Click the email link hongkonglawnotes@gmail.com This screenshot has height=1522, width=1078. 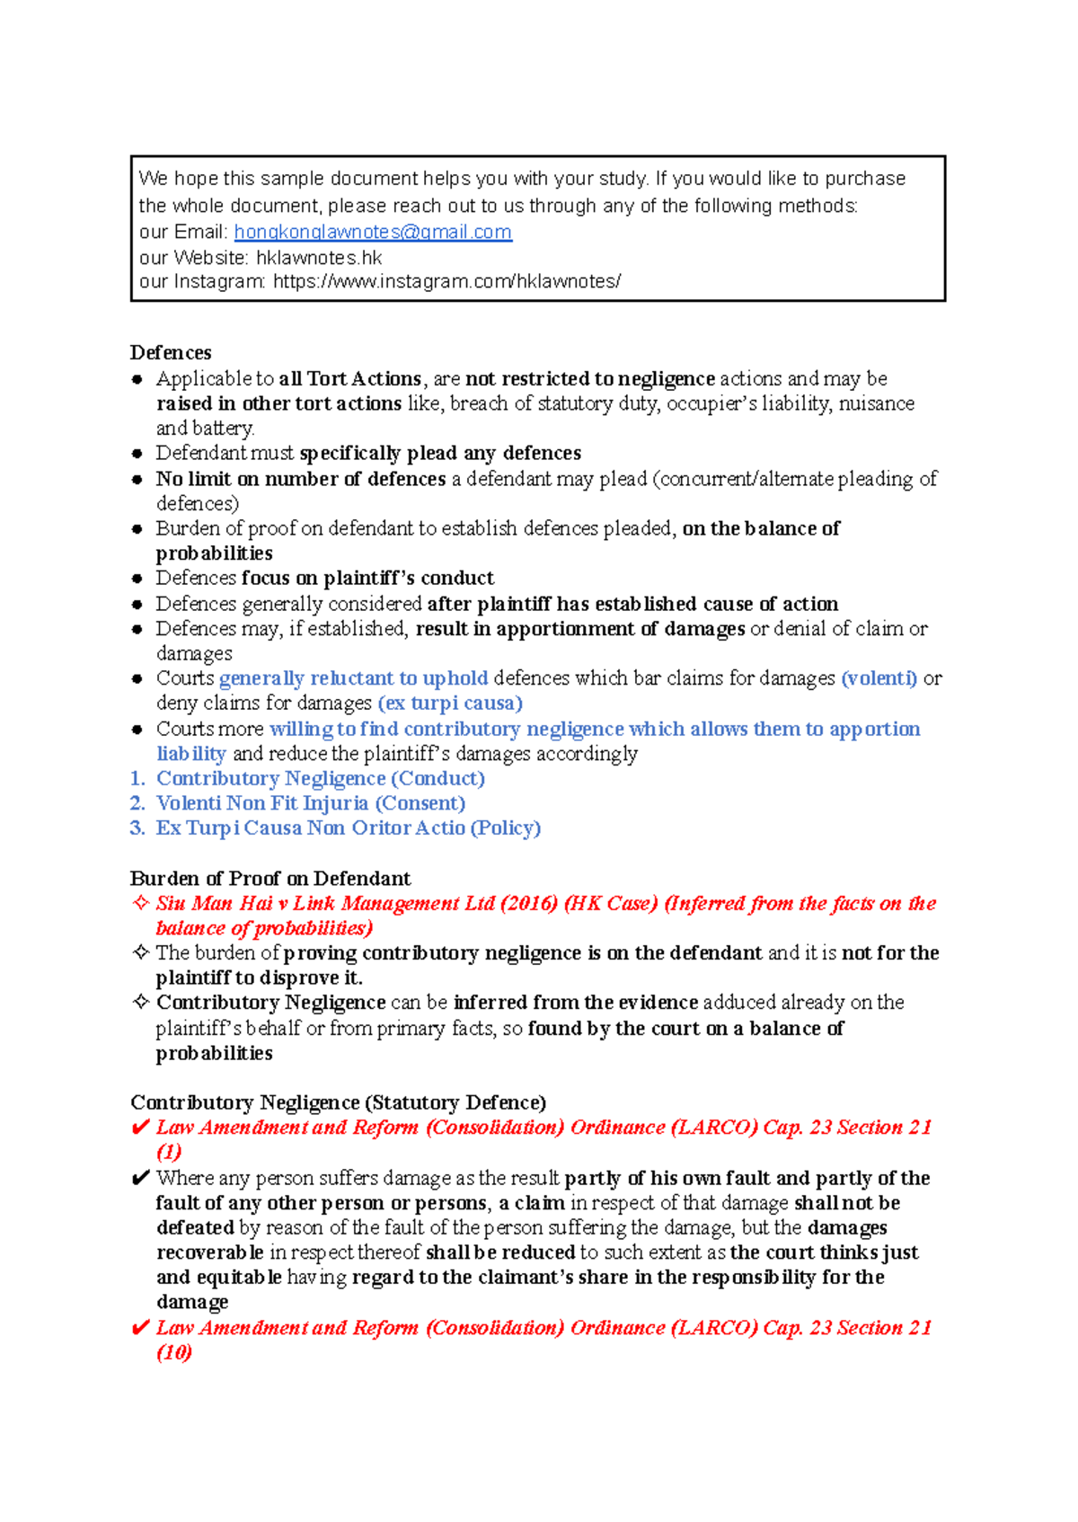373,232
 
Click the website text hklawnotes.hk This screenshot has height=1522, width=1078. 319,258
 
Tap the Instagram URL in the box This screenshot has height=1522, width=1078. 446,281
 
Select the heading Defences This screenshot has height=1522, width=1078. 171,352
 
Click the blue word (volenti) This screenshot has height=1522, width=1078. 879,678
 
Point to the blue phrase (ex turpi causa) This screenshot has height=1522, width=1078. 450,703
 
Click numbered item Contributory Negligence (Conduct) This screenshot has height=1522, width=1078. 320,778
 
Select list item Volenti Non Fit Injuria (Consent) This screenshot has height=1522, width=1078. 310,803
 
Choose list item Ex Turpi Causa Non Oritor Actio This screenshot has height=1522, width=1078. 348,827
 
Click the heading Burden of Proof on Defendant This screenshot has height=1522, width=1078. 269,878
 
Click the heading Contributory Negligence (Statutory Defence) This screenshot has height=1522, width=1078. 338,1102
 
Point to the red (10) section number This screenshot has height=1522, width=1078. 174,1352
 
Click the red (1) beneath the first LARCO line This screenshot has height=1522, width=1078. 169,1152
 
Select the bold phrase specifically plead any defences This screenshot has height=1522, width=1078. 440,453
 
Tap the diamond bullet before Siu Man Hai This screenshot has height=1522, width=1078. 140,902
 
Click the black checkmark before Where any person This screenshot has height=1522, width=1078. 140,1178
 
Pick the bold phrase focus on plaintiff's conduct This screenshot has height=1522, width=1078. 368,578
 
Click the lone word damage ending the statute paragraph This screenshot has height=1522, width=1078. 191,1302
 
